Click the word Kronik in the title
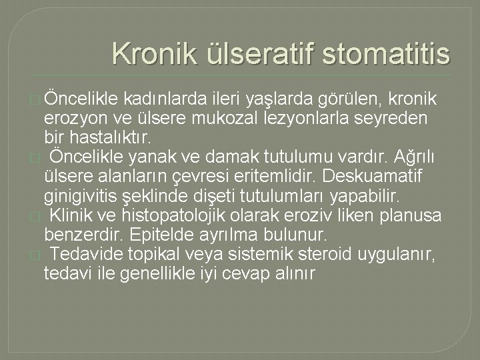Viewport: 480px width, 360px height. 155,53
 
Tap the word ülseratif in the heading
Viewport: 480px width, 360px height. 261,53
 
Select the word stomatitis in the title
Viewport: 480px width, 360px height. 386,53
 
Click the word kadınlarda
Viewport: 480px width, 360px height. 165,99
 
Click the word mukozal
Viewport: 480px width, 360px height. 225,118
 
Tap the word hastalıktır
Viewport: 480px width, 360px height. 110,137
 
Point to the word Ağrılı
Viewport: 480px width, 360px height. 414,157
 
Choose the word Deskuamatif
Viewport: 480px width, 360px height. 372,176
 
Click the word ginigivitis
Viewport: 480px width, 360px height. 81,196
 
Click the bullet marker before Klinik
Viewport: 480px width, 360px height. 35,217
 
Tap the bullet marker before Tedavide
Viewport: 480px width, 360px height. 35,255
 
